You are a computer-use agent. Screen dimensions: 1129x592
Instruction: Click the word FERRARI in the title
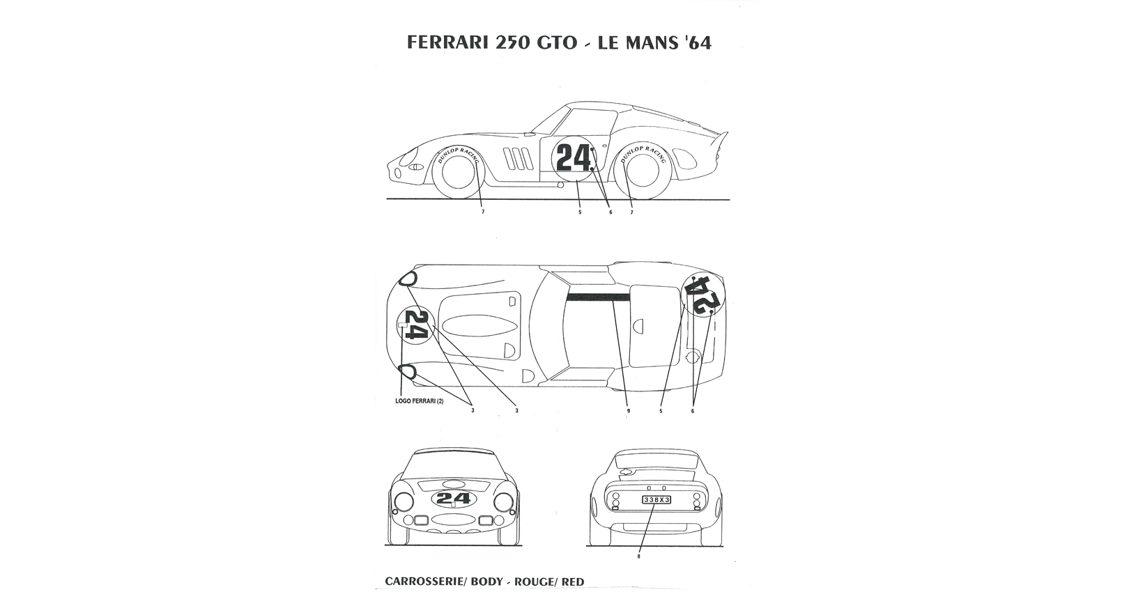point(447,42)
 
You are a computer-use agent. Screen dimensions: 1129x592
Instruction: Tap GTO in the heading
point(556,42)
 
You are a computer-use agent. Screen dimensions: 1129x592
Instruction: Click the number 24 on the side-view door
point(574,159)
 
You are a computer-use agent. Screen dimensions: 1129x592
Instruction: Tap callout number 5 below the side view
point(580,212)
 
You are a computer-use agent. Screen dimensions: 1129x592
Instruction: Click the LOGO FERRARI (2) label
point(420,402)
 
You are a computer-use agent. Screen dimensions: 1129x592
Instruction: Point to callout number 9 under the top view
point(628,411)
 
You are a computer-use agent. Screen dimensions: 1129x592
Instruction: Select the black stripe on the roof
point(598,297)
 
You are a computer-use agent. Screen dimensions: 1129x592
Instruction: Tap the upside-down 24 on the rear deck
point(702,295)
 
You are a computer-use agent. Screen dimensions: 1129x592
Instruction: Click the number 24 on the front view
point(454,498)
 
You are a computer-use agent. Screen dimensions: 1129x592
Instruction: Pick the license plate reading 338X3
point(656,500)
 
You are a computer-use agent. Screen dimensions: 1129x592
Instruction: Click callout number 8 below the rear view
point(638,556)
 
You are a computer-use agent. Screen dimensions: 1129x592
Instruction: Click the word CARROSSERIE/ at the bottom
point(426,582)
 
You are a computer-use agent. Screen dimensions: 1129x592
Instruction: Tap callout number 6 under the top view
point(693,411)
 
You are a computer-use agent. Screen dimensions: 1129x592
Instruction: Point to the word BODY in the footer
point(487,582)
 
